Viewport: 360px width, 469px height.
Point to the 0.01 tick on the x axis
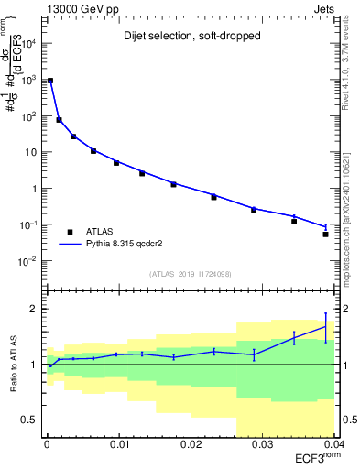point(119,444)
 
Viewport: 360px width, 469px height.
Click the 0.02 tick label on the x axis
point(191,444)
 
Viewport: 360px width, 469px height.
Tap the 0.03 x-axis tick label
point(263,444)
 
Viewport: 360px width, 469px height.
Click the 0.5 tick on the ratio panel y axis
point(31,420)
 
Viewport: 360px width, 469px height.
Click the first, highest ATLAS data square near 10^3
point(50,81)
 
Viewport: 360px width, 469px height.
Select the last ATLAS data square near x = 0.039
point(326,234)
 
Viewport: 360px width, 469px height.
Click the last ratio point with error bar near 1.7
point(326,326)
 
